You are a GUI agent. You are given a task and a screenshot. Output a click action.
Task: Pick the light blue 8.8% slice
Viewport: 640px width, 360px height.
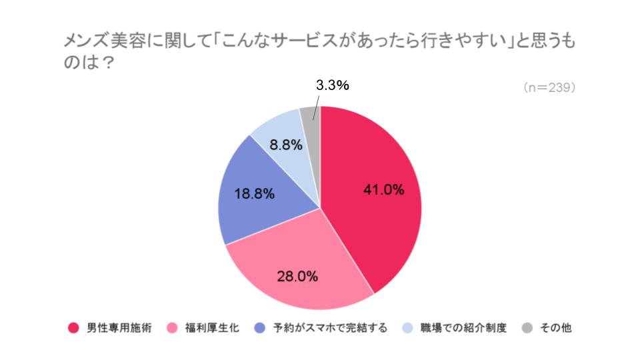(x=280, y=130)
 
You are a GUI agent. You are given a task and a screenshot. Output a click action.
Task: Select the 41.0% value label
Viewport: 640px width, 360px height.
(x=383, y=189)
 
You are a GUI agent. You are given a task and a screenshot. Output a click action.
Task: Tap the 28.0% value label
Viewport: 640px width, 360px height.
(x=297, y=275)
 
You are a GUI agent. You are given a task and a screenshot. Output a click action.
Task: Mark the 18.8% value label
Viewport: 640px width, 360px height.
(x=255, y=194)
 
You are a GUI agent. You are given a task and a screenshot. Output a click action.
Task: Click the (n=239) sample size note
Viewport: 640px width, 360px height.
(x=549, y=87)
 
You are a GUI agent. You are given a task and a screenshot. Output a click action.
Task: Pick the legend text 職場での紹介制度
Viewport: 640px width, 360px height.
(x=464, y=328)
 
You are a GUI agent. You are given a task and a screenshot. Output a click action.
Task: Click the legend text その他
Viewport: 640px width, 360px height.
(x=557, y=328)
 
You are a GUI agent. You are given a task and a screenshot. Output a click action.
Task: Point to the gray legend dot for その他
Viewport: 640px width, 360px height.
(x=527, y=328)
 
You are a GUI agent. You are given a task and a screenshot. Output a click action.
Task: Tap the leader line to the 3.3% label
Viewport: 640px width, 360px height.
(x=316, y=107)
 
